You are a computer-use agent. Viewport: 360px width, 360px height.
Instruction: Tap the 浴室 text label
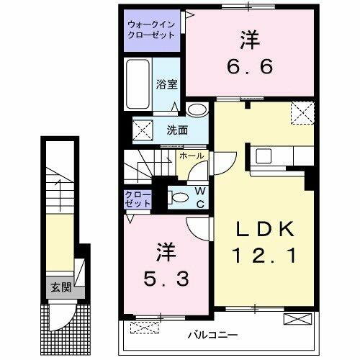166,84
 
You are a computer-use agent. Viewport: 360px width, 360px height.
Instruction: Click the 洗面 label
177,130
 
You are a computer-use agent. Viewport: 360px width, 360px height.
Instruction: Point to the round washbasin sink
196,110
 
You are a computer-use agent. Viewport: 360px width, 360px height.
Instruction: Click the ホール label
191,156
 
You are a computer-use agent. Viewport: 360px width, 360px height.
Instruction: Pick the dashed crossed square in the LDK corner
301,113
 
